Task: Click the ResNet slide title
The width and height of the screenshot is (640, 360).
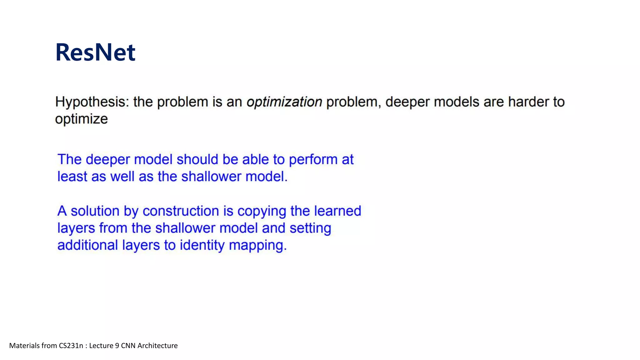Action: pyautogui.click(x=95, y=52)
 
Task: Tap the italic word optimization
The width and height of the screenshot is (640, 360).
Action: pyautogui.click(x=284, y=102)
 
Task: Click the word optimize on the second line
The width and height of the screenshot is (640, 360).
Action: pyautogui.click(x=81, y=119)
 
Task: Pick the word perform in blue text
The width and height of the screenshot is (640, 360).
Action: pyautogui.click(x=313, y=160)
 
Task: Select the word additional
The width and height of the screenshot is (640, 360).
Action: pyautogui.click(x=87, y=245)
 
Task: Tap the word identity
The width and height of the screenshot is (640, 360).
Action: pyautogui.click(x=202, y=245)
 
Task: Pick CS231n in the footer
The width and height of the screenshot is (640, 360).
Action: pyautogui.click(x=71, y=346)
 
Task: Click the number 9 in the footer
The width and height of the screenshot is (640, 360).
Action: pyautogui.click(x=117, y=346)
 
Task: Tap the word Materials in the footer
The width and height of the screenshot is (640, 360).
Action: pyautogui.click(x=24, y=346)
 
